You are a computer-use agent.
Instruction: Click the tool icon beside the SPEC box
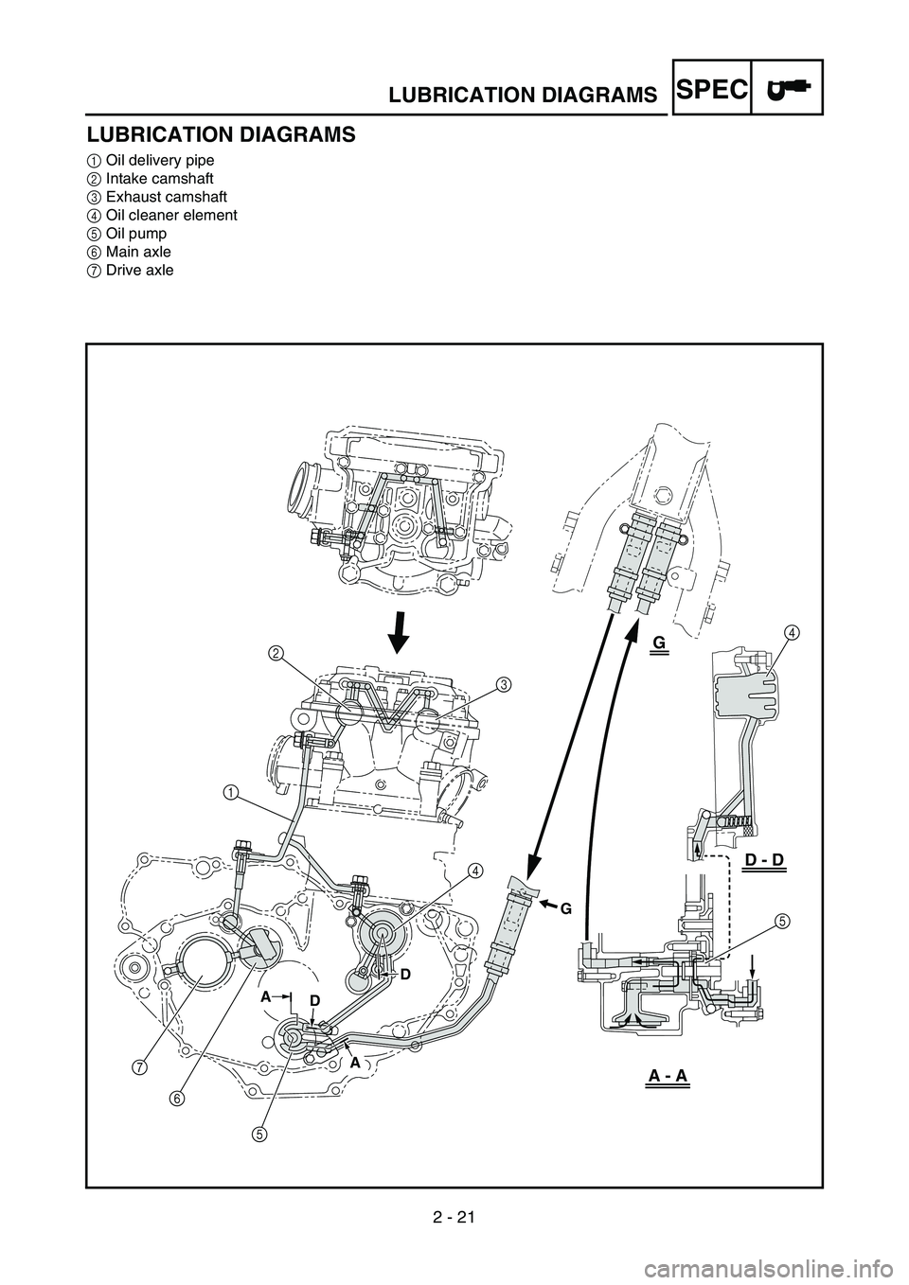point(787,87)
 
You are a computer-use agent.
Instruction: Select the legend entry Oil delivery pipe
point(160,160)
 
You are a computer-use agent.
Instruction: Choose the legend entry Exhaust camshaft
point(166,197)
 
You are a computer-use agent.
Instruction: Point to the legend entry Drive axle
point(142,270)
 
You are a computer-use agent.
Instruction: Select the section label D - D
point(764,860)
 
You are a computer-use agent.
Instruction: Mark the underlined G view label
point(659,643)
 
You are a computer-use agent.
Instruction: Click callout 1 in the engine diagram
point(230,791)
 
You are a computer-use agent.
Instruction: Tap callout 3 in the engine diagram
point(504,683)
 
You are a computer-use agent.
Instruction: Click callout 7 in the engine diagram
point(140,1067)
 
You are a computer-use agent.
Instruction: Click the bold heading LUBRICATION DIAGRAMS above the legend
point(222,134)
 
